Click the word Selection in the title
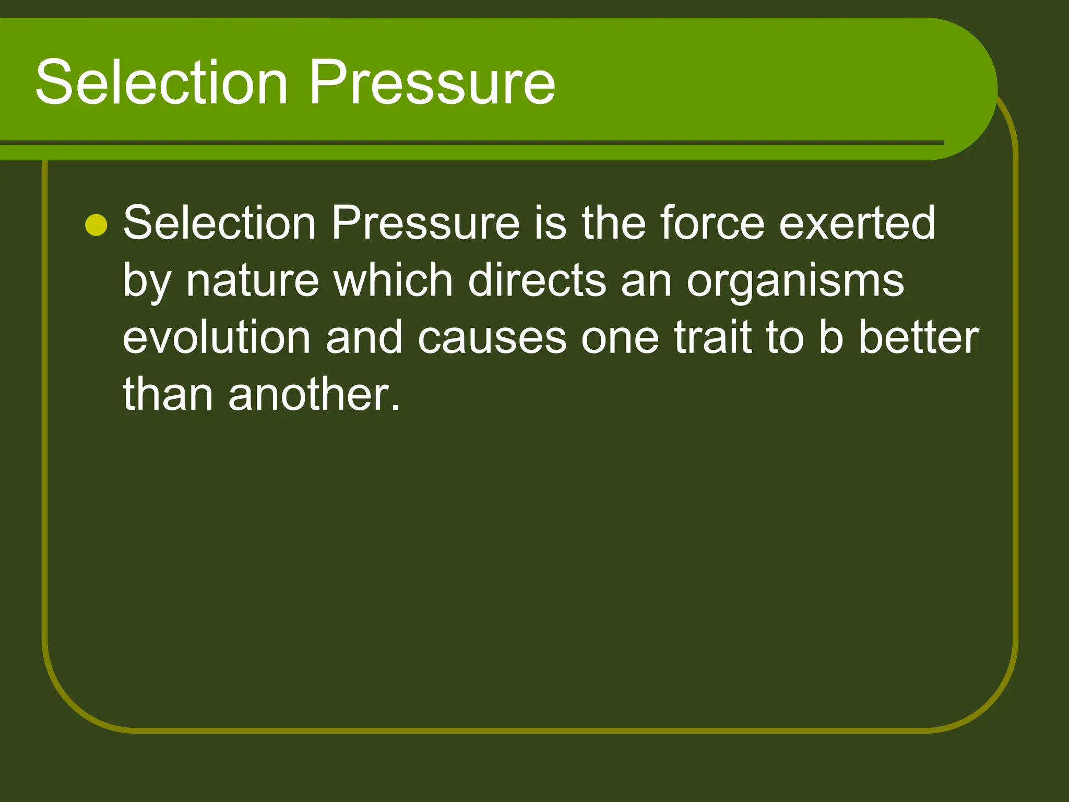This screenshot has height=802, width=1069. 162,82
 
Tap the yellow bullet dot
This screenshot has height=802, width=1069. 96,225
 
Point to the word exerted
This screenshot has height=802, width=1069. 857,223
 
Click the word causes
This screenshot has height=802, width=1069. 492,338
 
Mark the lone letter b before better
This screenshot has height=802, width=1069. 830,337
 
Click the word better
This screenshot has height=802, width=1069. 919,337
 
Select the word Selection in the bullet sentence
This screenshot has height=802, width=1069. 219,223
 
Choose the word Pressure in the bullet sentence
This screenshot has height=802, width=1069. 425,223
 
